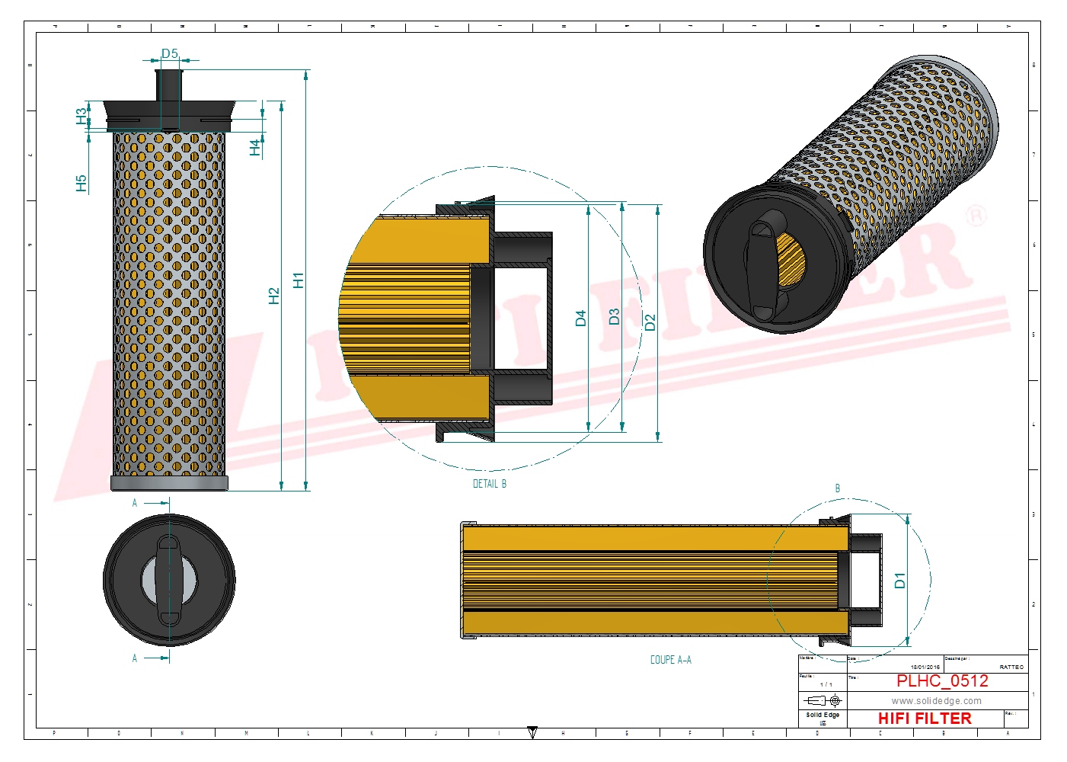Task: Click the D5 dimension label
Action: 169,53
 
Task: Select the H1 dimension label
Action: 298,280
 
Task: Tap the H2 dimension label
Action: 274,296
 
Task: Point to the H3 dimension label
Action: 81,116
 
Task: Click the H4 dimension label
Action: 255,148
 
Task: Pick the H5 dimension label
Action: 81,183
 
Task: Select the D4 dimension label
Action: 580,318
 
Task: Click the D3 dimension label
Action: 614,316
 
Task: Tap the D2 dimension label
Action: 649,322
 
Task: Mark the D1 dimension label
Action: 899,580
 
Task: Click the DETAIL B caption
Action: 489,484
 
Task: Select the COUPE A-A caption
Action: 670,660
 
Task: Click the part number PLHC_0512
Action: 942,680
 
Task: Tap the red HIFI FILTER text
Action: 925,719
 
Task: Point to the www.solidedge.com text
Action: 936,701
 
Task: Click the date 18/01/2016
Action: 925,667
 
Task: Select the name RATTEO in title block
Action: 1011,667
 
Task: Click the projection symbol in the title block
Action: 823,700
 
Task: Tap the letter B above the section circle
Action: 838,488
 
